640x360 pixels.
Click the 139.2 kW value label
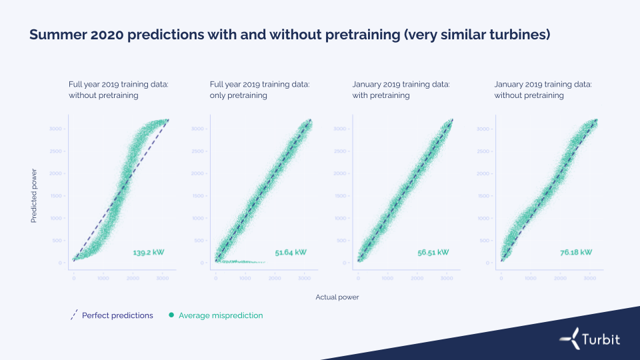click(149, 253)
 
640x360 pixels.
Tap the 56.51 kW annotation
click(433, 253)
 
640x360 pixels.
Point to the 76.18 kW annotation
click(576, 253)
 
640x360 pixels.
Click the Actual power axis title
click(337, 297)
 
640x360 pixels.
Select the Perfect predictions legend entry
click(117, 315)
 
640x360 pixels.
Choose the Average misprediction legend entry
click(221, 315)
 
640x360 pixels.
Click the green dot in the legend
click(171, 315)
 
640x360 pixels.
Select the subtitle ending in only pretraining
click(259, 90)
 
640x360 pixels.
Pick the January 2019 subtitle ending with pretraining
click(401, 90)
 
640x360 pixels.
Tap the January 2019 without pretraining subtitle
click(543, 90)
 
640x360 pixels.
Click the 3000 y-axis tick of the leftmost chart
click(56, 129)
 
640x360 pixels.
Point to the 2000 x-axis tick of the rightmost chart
click(560, 278)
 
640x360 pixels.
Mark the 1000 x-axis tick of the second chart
click(245, 278)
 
